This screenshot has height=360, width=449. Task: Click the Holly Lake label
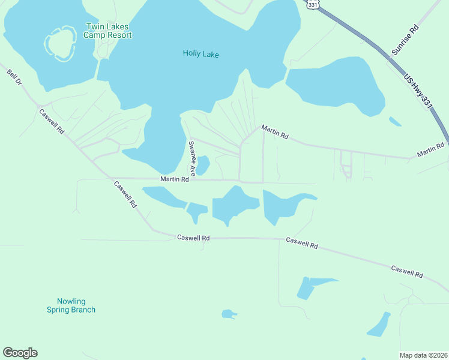click(200, 54)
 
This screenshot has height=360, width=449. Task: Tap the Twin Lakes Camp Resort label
click(108, 31)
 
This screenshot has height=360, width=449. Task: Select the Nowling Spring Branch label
click(71, 305)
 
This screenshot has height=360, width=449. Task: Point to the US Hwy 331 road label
click(418, 91)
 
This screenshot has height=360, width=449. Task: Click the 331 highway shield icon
click(312, 4)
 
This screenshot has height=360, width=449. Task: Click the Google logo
click(20, 353)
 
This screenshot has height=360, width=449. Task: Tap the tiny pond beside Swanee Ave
click(203, 165)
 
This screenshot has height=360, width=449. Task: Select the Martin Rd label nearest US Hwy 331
click(430, 150)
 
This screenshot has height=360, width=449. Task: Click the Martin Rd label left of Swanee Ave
click(175, 179)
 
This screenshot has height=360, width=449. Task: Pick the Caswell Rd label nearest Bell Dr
click(51, 121)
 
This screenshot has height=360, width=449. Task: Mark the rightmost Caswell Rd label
click(406, 272)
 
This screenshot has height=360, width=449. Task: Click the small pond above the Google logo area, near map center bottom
click(228, 314)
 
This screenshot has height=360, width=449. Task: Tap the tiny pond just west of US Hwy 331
click(394, 121)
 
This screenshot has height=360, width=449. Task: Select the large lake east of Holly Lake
click(336, 84)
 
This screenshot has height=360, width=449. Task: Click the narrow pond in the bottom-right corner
click(379, 325)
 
